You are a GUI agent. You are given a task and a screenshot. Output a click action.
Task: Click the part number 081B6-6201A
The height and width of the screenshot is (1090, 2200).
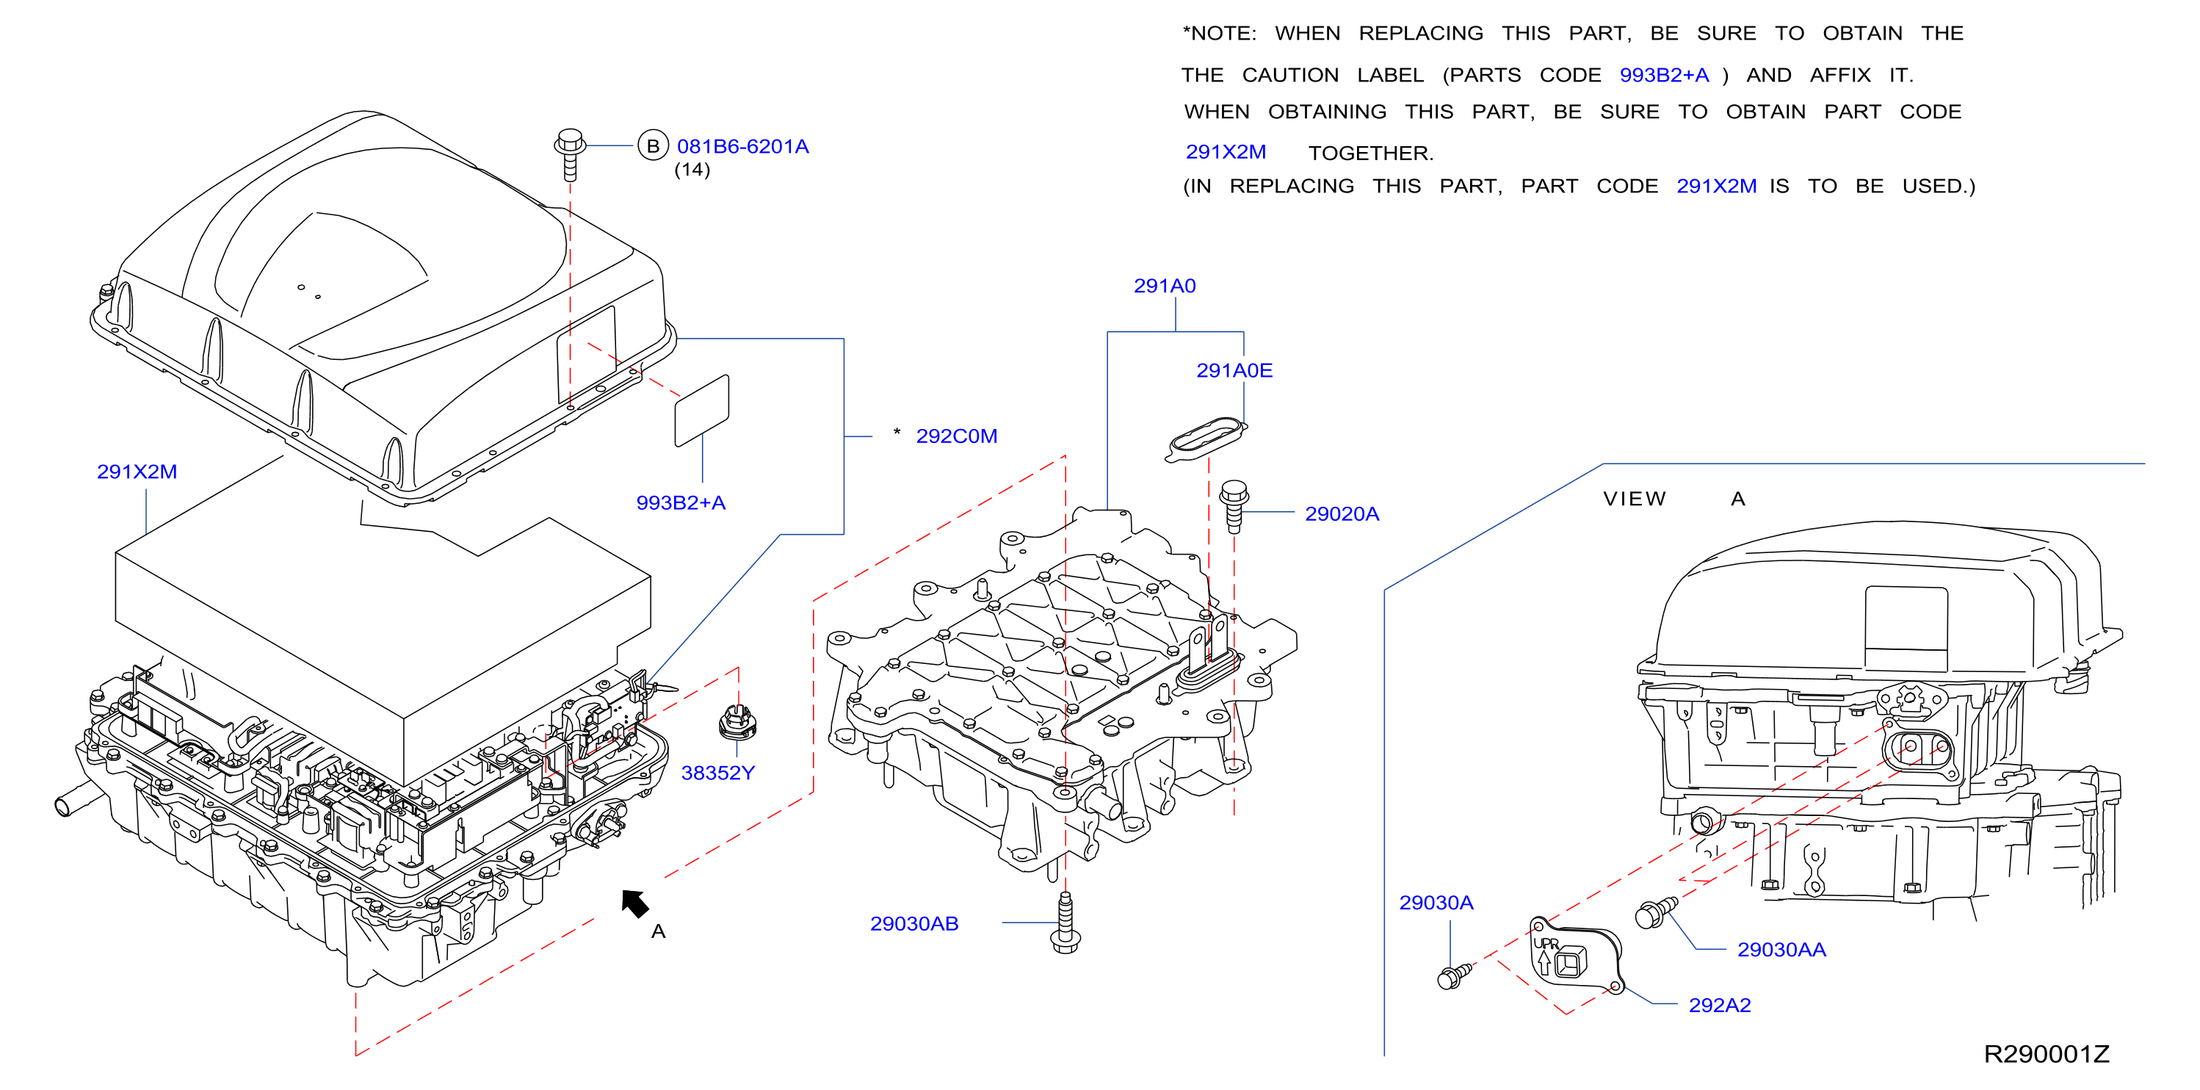[742, 146]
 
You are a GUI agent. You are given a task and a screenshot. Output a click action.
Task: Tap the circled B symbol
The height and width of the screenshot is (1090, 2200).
[653, 146]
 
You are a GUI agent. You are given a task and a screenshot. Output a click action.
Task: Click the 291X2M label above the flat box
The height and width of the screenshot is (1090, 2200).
[137, 472]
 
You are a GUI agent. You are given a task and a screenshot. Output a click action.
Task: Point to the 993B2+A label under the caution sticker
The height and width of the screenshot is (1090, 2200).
[681, 503]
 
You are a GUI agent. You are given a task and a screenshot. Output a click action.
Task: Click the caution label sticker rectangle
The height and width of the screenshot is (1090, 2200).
[702, 410]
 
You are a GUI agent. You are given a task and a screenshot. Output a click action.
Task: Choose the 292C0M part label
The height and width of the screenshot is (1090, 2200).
[957, 436]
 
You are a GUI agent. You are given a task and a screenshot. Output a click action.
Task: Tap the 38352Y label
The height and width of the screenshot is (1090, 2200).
[717, 773]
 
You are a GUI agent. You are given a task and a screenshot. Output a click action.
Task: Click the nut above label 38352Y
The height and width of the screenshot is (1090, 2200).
[738, 722]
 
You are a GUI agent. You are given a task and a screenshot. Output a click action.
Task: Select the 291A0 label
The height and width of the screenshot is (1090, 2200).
[1164, 286]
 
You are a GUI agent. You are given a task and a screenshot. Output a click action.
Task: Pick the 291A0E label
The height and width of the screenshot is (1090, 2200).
[1234, 371]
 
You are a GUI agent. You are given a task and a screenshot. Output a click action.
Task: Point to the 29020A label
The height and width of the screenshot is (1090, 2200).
[1342, 514]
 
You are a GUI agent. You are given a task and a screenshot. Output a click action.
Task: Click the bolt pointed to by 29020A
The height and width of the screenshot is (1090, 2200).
[1234, 507]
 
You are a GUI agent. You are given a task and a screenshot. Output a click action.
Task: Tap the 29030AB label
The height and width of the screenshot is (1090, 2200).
[913, 924]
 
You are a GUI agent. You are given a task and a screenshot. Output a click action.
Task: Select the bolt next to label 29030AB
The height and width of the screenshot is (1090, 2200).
[1065, 923]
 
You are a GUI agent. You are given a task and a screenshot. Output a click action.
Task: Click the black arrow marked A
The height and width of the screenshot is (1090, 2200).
[634, 903]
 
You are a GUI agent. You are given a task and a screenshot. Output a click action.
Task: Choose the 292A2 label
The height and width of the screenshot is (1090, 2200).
[1719, 1006]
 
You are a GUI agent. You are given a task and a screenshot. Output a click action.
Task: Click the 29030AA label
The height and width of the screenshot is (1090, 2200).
[1781, 950]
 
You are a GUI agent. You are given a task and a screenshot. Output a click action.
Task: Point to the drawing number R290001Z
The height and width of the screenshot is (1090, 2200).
[2047, 1054]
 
